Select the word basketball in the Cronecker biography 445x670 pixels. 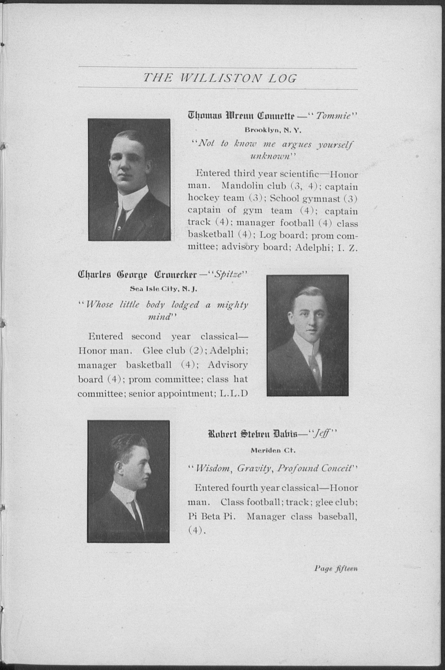(x=149, y=365)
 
